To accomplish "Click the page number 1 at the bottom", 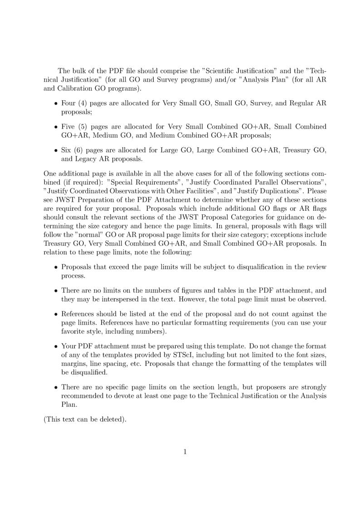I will coord(185,451).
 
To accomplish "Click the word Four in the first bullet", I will coord(68,103).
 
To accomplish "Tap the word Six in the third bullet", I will coord(67,150).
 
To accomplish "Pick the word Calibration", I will coord(74,88).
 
